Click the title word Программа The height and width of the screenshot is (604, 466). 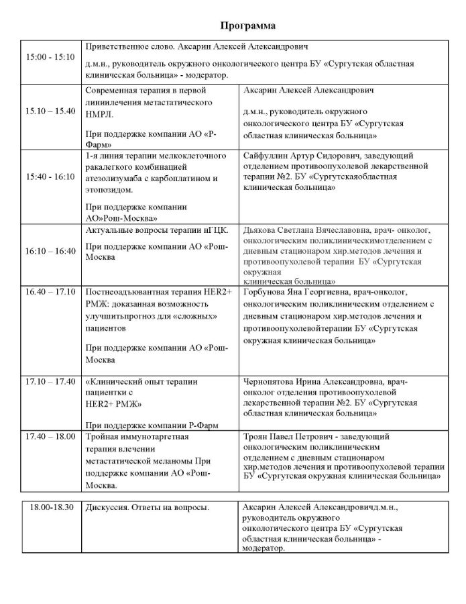point(248,26)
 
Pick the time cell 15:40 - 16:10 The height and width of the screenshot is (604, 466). point(50,177)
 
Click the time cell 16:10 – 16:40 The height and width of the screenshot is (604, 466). point(50,250)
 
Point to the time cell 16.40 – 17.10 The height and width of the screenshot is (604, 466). point(50,292)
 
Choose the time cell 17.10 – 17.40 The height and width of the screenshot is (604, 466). point(50,382)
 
